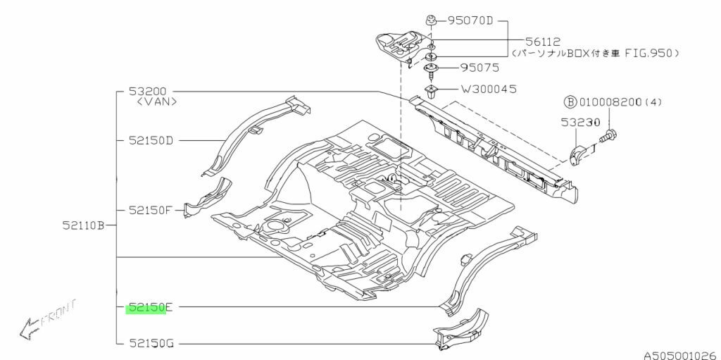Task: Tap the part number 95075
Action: tap(480, 68)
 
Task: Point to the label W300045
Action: tap(489, 89)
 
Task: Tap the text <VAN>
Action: tap(156, 102)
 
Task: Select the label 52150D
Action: tap(150, 140)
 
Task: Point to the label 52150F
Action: tap(150, 210)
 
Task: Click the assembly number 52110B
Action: tap(83, 225)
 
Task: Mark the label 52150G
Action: tap(150, 344)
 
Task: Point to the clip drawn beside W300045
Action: tap(431, 91)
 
